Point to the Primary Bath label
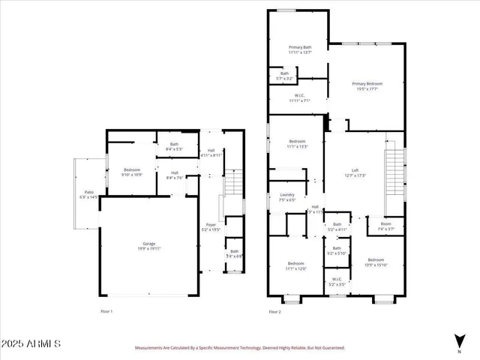[300, 49]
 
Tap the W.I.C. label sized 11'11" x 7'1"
[298, 97]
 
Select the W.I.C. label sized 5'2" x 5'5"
[337, 283]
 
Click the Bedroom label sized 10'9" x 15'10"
[376, 262]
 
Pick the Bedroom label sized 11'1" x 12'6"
[296, 265]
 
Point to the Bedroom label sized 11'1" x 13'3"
[298, 144]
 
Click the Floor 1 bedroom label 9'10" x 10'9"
[131, 172]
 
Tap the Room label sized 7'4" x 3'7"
[385, 226]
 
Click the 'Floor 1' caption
[106, 310]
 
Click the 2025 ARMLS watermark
[31, 343]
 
